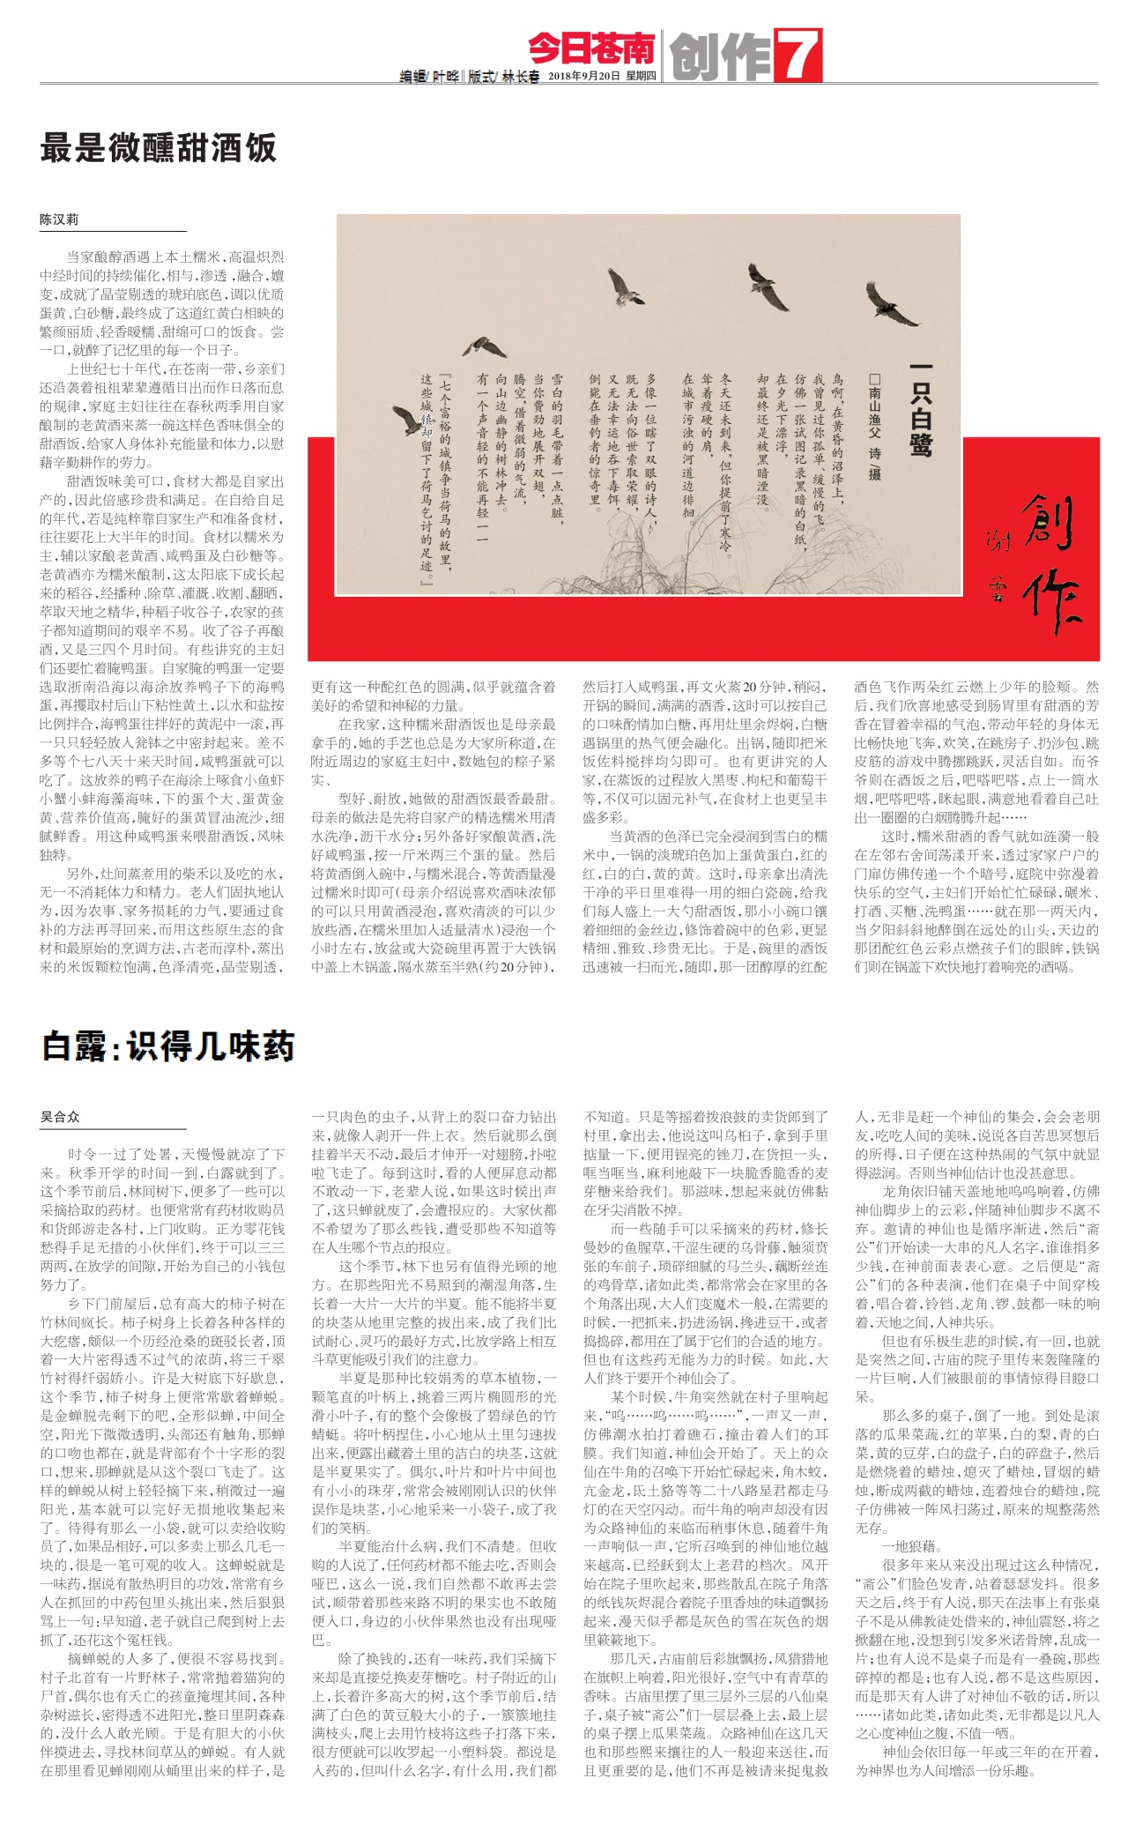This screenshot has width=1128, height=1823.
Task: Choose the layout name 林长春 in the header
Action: (521, 77)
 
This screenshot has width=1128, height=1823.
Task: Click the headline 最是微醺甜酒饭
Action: (159, 148)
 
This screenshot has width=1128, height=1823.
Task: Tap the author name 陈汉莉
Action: (59, 220)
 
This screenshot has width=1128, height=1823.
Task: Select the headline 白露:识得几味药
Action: (167, 1046)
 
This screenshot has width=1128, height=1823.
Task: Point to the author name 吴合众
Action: (59, 1116)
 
